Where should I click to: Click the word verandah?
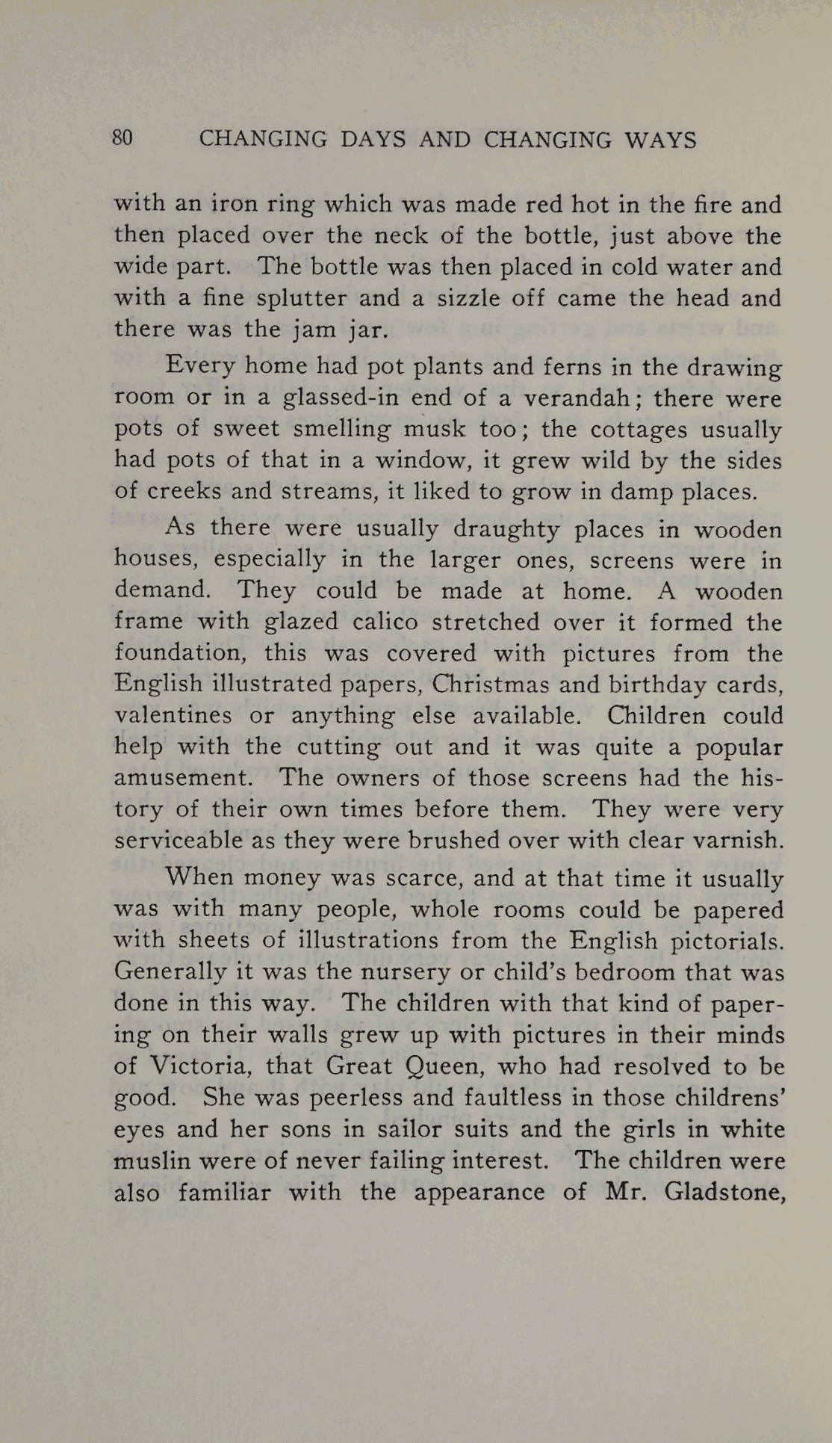(x=575, y=398)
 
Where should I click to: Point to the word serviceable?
(x=177, y=841)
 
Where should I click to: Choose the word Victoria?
(x=197, y=1066)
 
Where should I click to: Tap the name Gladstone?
(x=723, y=1191)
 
